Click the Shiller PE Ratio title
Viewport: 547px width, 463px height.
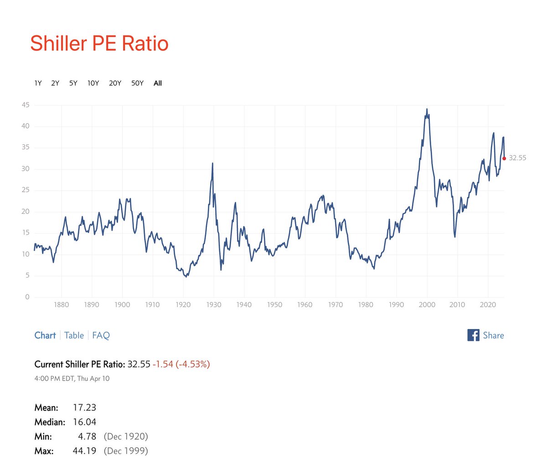point(99,43)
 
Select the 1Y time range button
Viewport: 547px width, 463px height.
point(38,83)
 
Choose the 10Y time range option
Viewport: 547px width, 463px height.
point(93,83)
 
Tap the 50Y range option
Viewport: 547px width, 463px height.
point(137,83)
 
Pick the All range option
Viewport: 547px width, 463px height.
point(158,83)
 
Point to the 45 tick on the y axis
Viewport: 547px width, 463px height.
point(26,105)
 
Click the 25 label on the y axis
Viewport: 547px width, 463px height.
point(26,190)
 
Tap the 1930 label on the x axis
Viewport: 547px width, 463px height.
point(214,305)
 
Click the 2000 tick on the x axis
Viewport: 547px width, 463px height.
point(427,305)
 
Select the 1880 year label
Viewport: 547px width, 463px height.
point(62,305)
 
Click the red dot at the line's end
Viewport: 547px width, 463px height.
point(504,159)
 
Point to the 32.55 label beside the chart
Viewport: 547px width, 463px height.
point(518,158)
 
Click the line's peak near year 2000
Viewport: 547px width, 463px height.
point(427,109)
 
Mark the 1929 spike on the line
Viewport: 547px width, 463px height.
point(212,163)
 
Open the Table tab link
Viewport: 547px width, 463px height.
point(74,335)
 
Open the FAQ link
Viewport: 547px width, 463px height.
point(101,335)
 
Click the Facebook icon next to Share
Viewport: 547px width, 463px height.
point(474,335)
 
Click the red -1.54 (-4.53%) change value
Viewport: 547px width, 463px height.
point(181,364)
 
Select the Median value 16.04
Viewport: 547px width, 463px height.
point(84,422)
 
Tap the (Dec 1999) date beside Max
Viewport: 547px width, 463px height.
point(126,451)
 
